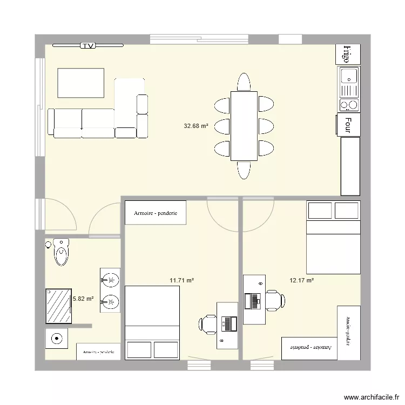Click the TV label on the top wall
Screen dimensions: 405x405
pyautogui.click(x=88, y=46)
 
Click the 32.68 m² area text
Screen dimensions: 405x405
pyautogui.click(x=196, y=126)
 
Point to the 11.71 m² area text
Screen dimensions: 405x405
pyautogui.click(x=181, y=280)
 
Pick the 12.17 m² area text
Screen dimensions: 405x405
pyautogui.click(x=302, y=280)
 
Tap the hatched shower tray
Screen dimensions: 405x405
pyautogui.click(x=58, y=306)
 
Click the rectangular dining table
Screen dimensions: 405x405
pyautogui.click(x=244, y=126)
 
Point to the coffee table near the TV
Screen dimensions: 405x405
pyautogui.click(x=80, y=83)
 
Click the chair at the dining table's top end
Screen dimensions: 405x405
pyautogui.click(x=244, y=82)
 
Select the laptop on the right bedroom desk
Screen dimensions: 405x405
pyautogui.click(x=252, y=300)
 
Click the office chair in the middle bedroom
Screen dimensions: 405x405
pyautogui.click(x=207, y=324)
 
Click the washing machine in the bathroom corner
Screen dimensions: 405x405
pyautogui.click(x=56, y=339)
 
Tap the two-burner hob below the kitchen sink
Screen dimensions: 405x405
pyautogui.click(x=349, y=104)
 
